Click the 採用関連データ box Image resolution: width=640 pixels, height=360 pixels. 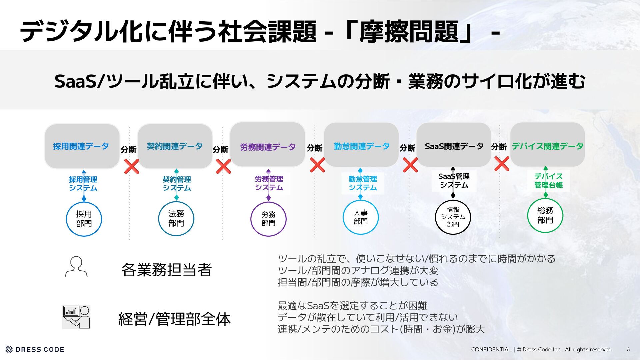(82, 146)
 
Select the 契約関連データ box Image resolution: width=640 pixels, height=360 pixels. (175, 146)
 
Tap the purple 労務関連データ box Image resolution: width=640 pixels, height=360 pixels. (268, 146)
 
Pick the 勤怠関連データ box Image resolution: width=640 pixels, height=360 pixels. (361, 145)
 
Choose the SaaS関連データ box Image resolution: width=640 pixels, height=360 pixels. (454, 145)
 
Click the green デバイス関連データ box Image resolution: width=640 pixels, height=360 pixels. (547, 145)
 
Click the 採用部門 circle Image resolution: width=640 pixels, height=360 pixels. (84, 219)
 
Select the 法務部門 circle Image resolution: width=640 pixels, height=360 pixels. (176, 219)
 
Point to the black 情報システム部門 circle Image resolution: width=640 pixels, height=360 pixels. (453, 217)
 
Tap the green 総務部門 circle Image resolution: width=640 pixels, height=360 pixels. (545, 215)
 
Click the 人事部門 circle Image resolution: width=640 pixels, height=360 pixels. (361, 217)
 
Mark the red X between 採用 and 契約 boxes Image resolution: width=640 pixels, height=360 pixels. (132, 166)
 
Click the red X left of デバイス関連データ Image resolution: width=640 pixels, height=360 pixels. (502, 164)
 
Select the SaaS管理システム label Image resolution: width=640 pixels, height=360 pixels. (454, 181)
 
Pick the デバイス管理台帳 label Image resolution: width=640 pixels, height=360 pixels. (548, 181)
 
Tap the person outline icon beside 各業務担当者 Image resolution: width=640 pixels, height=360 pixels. (76, 267)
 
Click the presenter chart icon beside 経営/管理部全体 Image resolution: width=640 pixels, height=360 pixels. (76, 317)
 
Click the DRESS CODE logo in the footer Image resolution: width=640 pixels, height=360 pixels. (35, 349)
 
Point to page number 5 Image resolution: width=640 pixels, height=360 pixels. (628, 350)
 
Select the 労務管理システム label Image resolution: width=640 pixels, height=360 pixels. (269, 183)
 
